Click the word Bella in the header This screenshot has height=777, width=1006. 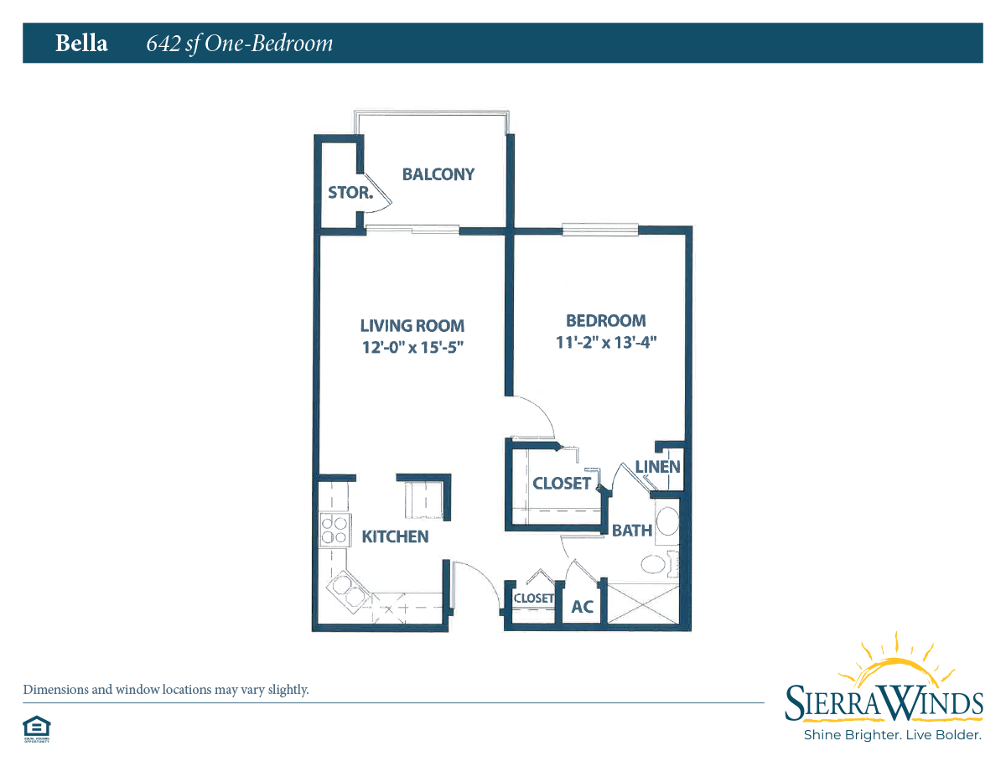pos(81,44)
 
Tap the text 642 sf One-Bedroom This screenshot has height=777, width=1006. pos(240,44)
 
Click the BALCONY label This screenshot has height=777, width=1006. pos(438,174)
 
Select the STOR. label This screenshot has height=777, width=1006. pos(350,193)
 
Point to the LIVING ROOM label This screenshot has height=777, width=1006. pos(412,326)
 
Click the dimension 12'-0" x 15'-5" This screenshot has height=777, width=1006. pos(412,347)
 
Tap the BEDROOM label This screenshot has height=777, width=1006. pos(605,321)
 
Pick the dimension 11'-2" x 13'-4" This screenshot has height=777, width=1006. pos(606,343)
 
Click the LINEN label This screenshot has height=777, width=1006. pos(657,467)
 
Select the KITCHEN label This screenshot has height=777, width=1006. pos(395,536)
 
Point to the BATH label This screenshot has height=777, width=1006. pos(632,531)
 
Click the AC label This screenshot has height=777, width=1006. pos(583,607)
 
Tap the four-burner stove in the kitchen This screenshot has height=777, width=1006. pos(335,531)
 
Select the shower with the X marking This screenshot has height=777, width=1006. pos(642,604)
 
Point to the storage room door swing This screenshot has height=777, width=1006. pos(377,194)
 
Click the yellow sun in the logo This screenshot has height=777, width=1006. pos(896,667)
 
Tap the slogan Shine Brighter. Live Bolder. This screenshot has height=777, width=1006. pos(893,735)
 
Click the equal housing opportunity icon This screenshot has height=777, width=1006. pos(37,729)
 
